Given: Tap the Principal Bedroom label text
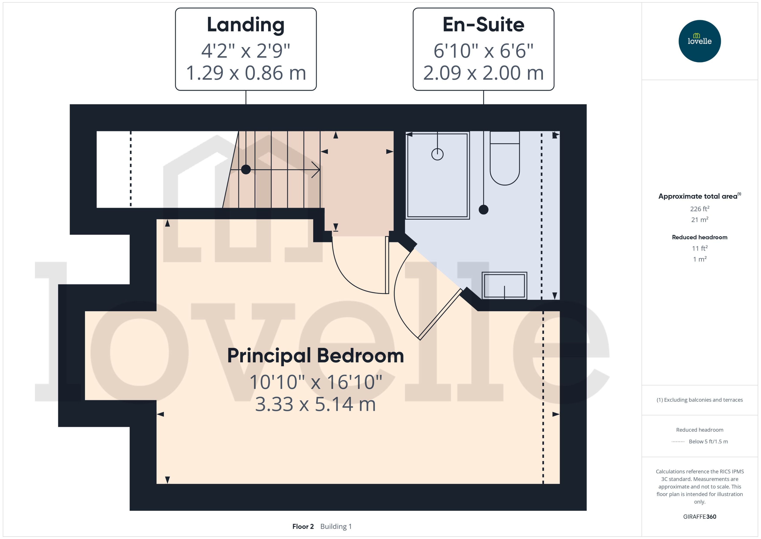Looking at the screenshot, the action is pyautogui.click(x=315, y=356).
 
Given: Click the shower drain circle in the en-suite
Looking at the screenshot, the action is pyautogui.click(x=437, y=154).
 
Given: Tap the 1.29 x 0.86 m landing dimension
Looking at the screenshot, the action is pyautogui.click(x=246, y=73).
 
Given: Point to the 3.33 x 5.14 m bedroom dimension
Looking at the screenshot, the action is pyautogui.click(x=315, y=404).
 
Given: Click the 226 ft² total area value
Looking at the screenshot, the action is pyautogui.click(x=700, y=209).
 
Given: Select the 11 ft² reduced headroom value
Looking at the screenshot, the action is pyautogui.click(x=700, y=248).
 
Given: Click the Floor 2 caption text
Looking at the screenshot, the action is pyautogui.click(x=303, y=526).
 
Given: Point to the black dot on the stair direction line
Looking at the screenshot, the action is pyautogui.click(x=246, y=170).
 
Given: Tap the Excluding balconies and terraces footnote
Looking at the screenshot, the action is pyautogui.click(x=700, y=400).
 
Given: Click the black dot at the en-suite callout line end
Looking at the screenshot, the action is pyautogui.click(x=484, y=210).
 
